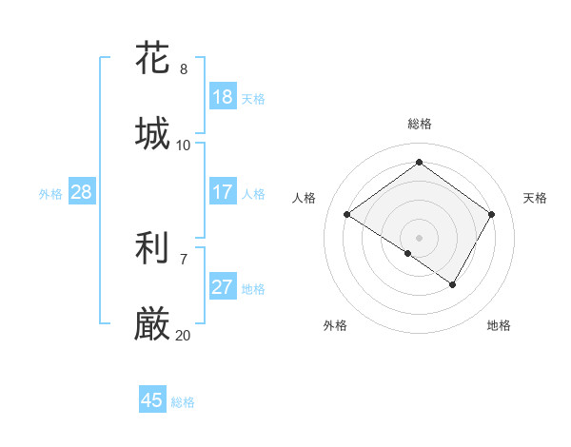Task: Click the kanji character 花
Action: (x=152, y=58)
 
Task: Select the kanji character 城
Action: (x=152, y=133)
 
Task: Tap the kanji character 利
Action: (x=152, y=249)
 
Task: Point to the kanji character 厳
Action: (x=152, y=325)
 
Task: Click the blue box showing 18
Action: (x=222, y=97)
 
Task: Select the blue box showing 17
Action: (x=222, y=192)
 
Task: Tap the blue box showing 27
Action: (x=222, y=287)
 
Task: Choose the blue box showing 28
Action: (x=81, y=192)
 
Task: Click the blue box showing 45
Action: (x=152, y=400)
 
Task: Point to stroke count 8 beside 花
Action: (x=184, y=69)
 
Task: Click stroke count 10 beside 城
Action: (x=184, y=146)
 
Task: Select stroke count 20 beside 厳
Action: (x=184, y=336)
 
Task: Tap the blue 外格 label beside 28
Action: (x=50, y=193)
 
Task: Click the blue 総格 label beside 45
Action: (x=183, y=401)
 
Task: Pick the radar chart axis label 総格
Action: (x=419, y=124)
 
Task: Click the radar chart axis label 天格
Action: (x=535, y=198)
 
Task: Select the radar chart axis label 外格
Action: (x=335, y=325)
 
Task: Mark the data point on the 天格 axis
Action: (x=491, y=215)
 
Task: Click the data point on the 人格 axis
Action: (x=347, y=215)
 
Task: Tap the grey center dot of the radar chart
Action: (x=419, y=237)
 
